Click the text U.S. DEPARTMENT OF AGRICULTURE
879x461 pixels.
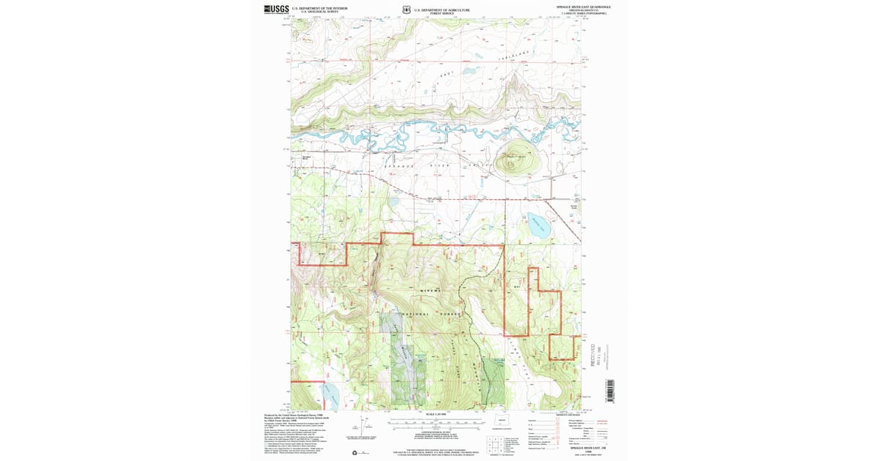(x=442, y=9)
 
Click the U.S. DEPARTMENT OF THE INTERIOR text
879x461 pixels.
(x=319, y=8)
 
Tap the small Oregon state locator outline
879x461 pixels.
(x=502, y=421)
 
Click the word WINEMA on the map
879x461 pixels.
(x=430, y=291)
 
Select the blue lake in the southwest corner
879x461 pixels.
(x=327, y=396)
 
